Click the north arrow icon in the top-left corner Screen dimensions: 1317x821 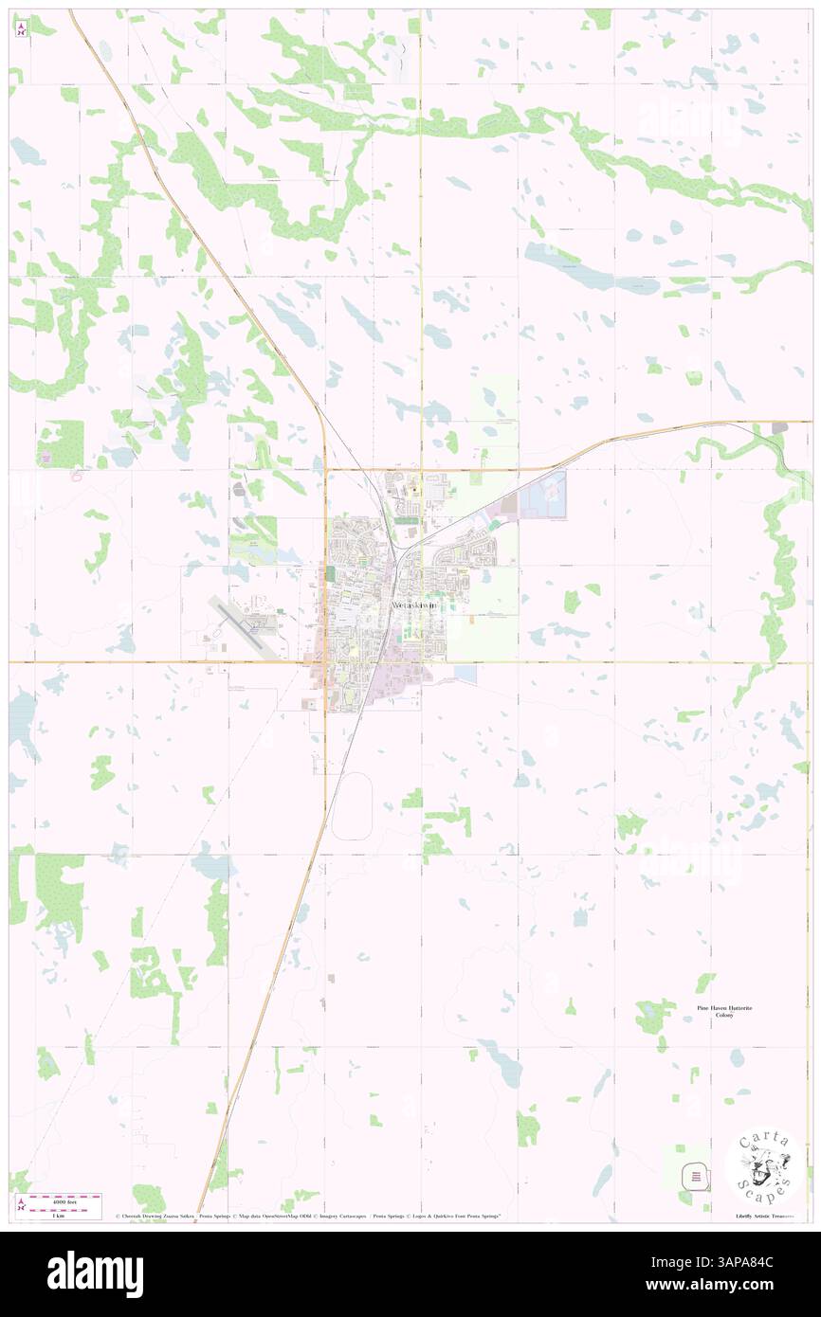tap(22, 28)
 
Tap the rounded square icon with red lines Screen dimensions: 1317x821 tap(697, 1177)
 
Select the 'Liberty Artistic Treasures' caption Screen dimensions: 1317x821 tap(768, 1216)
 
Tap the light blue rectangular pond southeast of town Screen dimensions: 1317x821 tap(465, 672)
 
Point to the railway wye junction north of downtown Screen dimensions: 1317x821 tap(399, 548)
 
